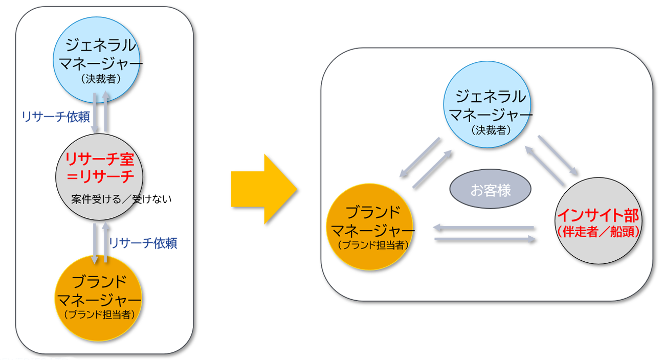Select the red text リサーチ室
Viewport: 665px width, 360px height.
100,160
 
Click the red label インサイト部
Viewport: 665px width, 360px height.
597,214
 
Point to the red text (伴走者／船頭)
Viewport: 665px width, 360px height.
597,231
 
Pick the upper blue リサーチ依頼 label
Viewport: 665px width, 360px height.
52,117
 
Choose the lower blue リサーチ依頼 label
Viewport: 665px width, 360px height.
143,243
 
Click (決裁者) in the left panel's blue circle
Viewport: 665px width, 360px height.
98,80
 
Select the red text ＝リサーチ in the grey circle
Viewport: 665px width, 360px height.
100,176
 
